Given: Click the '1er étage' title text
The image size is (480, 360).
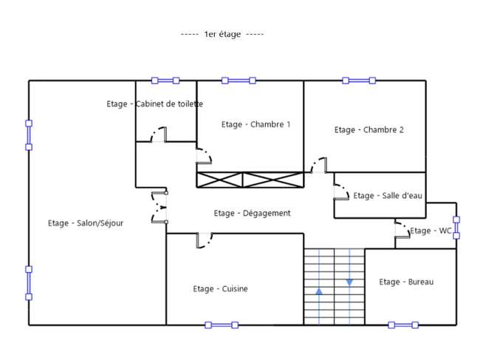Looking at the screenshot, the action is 222,34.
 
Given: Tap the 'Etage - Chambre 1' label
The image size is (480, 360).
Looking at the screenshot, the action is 256,124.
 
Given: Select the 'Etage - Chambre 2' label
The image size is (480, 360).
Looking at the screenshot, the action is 369,130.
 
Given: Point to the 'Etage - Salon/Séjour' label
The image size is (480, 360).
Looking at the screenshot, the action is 86,223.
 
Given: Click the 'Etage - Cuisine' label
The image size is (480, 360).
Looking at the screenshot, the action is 220,289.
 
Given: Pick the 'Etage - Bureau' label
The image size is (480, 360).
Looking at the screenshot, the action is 406,282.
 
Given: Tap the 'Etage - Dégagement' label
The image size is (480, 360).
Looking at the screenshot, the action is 252,213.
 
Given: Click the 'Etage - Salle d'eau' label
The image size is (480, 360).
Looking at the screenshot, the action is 388,195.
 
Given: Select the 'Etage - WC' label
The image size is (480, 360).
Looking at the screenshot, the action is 431,231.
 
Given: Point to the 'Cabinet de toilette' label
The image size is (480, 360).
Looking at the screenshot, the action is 169,104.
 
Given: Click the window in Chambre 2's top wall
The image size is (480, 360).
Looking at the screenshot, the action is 359,81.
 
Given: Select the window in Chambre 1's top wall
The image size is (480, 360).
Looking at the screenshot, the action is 239,81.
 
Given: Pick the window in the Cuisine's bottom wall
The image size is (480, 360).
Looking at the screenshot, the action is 222,325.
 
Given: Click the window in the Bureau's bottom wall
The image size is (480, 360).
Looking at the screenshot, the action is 403,325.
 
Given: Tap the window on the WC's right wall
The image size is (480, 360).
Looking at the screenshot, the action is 456,228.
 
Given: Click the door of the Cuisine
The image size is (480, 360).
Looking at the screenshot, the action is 204,240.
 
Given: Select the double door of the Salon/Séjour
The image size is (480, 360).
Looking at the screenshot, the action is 160,208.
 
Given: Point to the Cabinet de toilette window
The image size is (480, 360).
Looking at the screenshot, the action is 165,81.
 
